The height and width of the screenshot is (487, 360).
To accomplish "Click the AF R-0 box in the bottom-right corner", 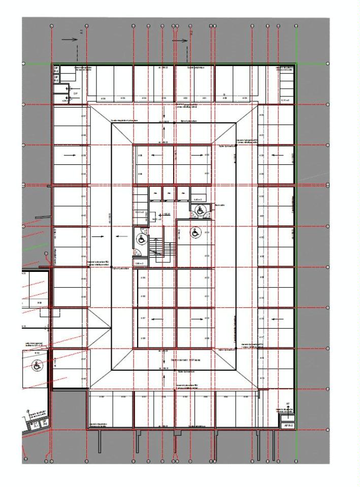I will click(287, 426).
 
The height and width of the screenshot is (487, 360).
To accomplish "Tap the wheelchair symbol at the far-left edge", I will click(37, 365).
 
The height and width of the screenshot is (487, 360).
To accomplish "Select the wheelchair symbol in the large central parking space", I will click(196, 233).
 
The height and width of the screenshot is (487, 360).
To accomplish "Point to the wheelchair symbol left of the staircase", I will click(140, 235).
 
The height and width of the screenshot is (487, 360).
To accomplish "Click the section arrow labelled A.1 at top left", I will click(68, 39).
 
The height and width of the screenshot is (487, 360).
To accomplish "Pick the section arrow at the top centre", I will click(179, 39).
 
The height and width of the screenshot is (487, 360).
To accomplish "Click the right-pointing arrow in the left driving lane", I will click(101, 236).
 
